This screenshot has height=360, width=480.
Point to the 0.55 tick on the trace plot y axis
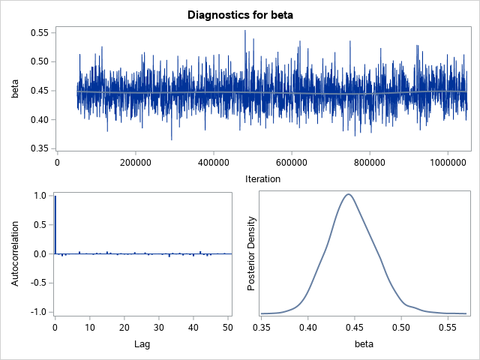39,33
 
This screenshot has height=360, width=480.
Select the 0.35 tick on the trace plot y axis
39,148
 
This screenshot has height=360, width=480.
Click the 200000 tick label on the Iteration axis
135,161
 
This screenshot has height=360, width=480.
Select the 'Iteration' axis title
262,178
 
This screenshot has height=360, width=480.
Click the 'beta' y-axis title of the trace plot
14,91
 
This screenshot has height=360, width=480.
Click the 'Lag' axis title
142,344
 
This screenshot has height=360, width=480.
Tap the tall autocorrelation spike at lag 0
55,225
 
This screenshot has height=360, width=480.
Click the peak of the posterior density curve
348,194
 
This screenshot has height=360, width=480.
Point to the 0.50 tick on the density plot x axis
401,328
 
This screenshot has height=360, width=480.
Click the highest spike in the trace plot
244,31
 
